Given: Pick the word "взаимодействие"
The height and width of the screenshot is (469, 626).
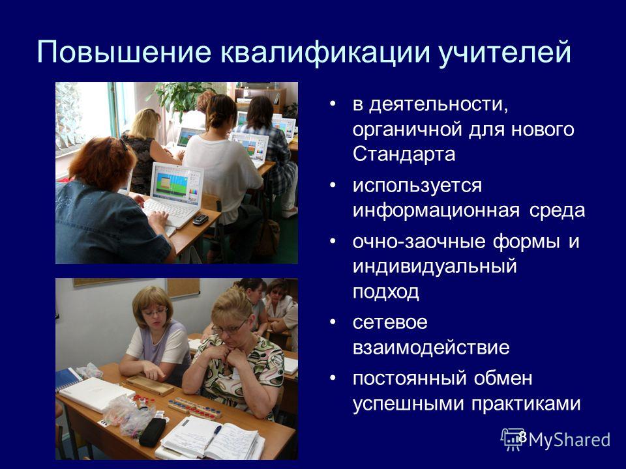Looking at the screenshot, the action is [x=431, y=348].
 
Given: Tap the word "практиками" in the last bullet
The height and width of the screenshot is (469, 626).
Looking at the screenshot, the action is [x=526, y=404].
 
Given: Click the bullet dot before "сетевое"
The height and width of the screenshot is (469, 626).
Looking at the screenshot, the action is [x=333, y=322].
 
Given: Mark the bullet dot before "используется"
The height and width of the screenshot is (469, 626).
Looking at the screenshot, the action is [x=333, y=186].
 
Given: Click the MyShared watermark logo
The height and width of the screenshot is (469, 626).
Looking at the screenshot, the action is [x=556, y=440].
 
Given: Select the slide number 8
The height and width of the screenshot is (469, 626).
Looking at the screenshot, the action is [x=522, y=436].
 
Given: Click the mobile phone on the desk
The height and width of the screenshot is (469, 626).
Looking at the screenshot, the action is [x=200, y=219].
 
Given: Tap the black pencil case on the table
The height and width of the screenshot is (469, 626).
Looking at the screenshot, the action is [x=152, y=433].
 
